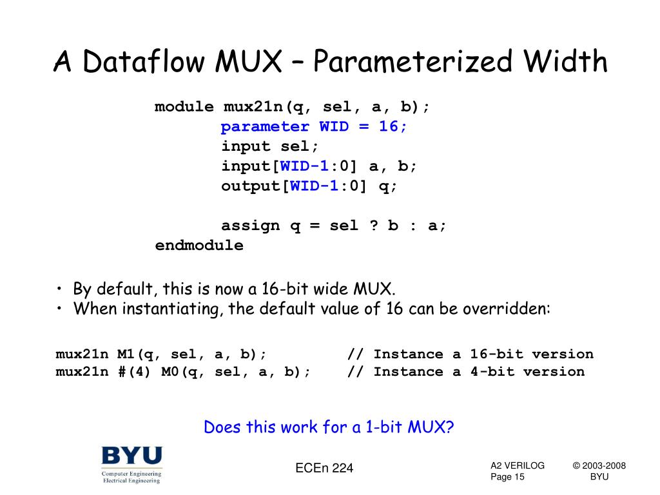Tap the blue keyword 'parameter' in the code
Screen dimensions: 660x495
point(265,126)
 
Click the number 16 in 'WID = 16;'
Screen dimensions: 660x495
point(389,126)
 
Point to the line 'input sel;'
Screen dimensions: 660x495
point(270,146)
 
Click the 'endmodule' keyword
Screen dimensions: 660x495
point(199,246)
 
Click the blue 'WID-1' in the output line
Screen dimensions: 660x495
point(314,186)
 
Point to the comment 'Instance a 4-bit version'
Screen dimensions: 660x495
point(479,372)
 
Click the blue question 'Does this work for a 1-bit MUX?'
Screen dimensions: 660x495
point(329,427)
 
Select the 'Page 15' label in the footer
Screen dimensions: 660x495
point(508,477)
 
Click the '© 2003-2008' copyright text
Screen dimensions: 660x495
point(599,466)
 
